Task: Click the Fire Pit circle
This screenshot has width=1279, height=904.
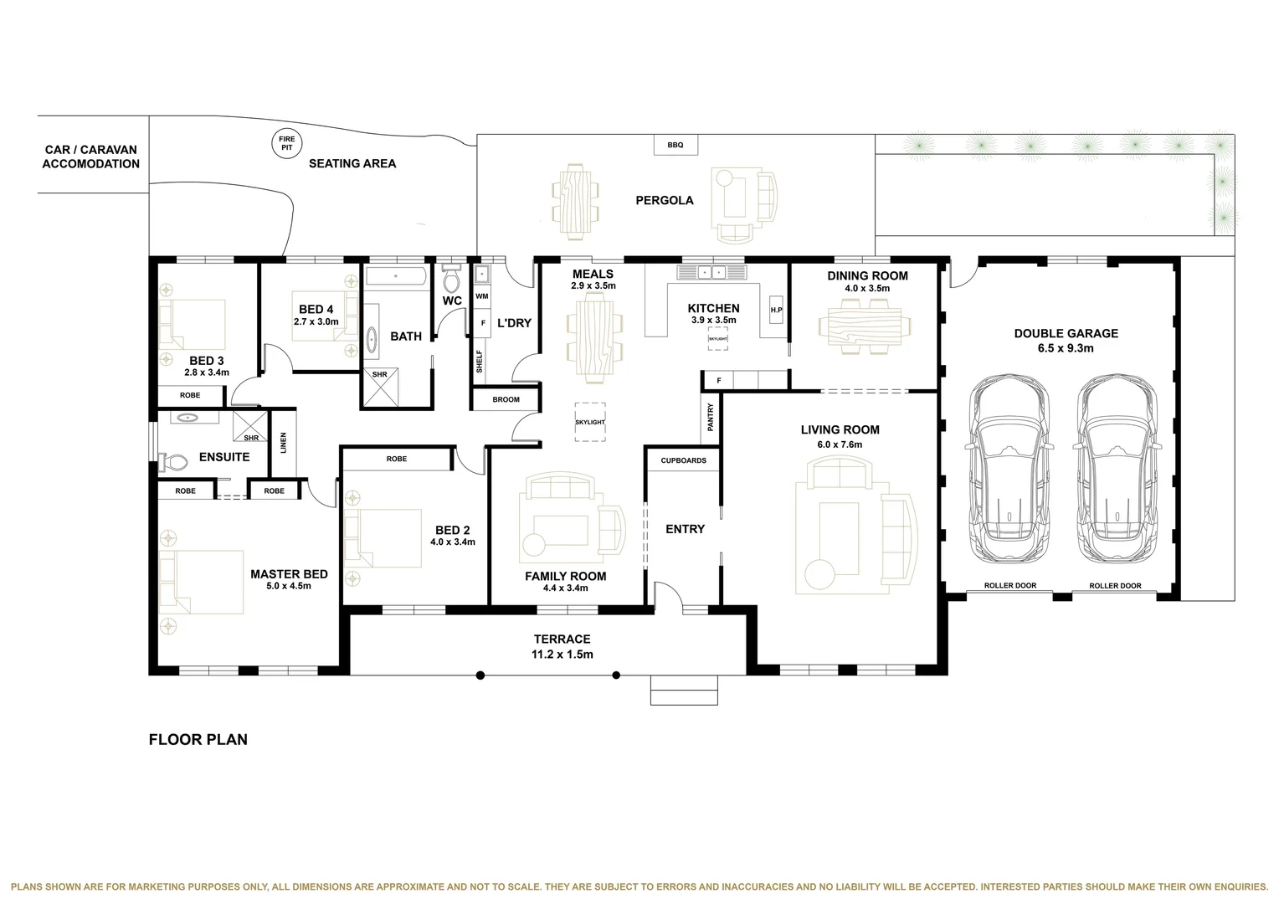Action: [287, 143]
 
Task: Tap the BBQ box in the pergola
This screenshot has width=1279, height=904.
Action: [675, 145]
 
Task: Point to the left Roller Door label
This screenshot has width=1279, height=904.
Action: [1009, 586]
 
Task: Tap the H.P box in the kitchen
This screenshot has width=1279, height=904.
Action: [776, 311]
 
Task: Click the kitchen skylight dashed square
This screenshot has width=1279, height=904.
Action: [717, 338]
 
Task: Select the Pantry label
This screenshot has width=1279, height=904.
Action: [711, 418]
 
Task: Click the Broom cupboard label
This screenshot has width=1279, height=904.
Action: [506, 400]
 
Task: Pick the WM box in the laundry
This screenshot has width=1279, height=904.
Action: [481, 296]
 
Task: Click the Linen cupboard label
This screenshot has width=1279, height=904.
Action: [283, 443]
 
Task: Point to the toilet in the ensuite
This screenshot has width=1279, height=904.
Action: [175, 461]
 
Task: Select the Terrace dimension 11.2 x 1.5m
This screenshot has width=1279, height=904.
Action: [562, 655]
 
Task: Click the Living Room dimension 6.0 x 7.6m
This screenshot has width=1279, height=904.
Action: [840, 444]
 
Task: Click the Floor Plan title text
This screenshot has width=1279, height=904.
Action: [198, 740]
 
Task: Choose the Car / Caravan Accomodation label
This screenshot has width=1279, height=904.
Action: [90, 157]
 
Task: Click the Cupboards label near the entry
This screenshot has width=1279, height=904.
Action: [683, 460]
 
